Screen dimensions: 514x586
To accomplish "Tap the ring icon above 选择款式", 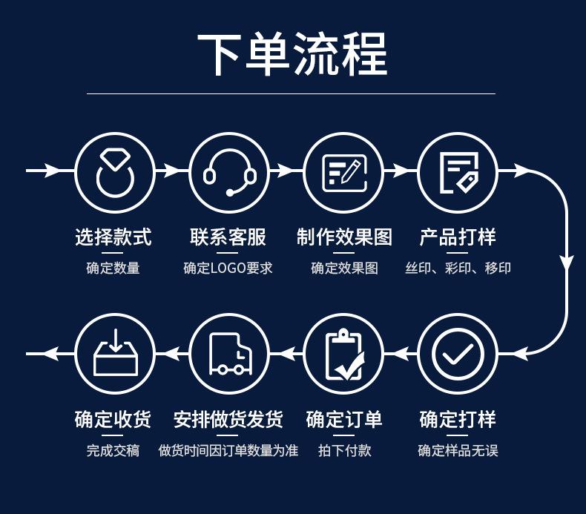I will pos(115,171).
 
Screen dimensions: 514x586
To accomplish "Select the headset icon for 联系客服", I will pos(229,171).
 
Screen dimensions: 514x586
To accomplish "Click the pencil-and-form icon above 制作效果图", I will pos(343,171).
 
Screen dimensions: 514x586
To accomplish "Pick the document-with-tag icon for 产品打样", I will pos(458,171).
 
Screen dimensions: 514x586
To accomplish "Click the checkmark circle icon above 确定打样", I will pos(458,354).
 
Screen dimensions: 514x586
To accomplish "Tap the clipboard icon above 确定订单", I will pos(343,354).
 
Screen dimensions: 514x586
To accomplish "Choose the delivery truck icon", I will pos(229,354).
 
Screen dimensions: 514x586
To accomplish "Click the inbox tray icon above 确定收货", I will pos(115,354).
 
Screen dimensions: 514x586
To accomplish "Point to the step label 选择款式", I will pos(113,237).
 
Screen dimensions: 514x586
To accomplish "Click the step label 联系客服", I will pos(228,237).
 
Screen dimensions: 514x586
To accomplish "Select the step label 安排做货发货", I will pos(228,420).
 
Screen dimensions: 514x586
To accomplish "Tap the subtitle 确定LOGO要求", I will pos(228,268).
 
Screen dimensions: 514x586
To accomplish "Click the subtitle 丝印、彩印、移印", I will pos(458,268).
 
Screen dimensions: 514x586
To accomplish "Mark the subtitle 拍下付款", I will pos(344,450).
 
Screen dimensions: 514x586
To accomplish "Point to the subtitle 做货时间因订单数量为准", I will pos(228,450).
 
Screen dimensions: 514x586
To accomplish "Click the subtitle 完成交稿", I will pos(113,450).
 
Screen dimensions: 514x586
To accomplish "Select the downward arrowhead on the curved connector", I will pos(567,263).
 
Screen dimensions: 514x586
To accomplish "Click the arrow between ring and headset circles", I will pos(171,171).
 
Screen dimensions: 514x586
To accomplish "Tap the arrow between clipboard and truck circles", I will pos(286,354).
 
